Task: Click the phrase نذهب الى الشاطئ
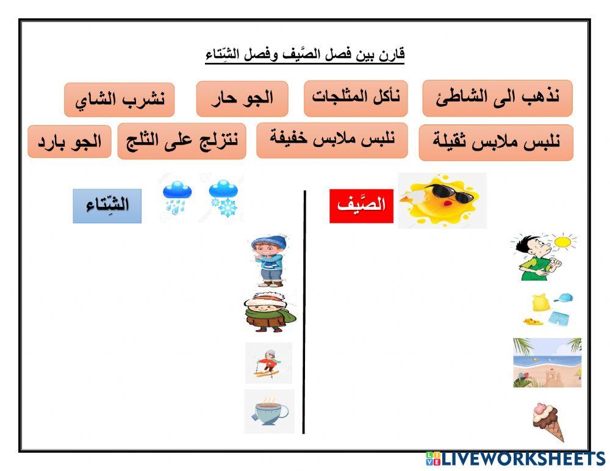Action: click(x=497, y=98)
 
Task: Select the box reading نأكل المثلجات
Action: click(x=356, y=98)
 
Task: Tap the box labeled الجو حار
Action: click(x=242, y=99)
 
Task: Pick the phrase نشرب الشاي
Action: click(x=120, y=100)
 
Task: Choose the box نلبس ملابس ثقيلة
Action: click(x=496, y=143)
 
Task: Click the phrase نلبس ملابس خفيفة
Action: click(x=332, y=140)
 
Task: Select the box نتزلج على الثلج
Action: click(x=182, y=141)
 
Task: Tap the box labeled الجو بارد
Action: click(x=70, y=142)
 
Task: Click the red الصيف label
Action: click(x=361, y=206)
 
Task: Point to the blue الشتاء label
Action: click(x=107, y=206)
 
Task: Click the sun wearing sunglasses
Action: click(x=442, y=200)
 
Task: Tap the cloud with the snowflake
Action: click(x=223, y=200)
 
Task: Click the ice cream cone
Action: click(x=547, y=421)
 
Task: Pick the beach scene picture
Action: click(x=547, y=362)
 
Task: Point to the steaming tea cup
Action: click(x=269, y=411)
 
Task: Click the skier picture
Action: click(x=268, y=362)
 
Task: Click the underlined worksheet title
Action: click(x=305, y=55)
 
